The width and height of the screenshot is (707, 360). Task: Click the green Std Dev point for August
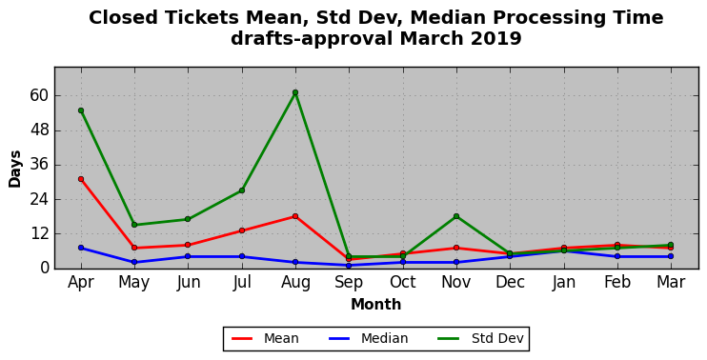point(295,92)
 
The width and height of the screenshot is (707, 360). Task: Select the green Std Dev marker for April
point(81,110)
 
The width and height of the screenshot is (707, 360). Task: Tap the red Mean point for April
point(81,179)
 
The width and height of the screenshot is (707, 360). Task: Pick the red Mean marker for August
point(295,216)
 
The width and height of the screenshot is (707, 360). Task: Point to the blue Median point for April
point(81,248)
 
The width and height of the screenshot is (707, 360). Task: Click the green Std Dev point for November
point(456,216)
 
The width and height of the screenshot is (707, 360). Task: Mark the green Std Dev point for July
point(242,190)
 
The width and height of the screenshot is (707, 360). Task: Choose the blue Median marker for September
point(349,266)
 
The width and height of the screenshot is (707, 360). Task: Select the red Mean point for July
point(242,230)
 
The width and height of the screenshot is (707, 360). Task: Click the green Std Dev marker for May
point(134,225)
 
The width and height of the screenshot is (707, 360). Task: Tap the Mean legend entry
point(265,338)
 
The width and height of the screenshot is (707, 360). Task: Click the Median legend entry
point(369,338)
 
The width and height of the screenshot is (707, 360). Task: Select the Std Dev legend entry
point(481,338)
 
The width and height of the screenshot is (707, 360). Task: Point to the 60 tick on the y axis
point(39,96)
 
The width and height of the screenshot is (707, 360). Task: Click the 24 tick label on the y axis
point(39,199)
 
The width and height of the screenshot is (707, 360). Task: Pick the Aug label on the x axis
point(295,283)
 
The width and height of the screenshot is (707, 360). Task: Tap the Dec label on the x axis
point(510,283)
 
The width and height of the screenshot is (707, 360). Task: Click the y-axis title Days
point(15,169)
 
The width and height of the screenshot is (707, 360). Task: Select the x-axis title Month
point(376,305)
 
